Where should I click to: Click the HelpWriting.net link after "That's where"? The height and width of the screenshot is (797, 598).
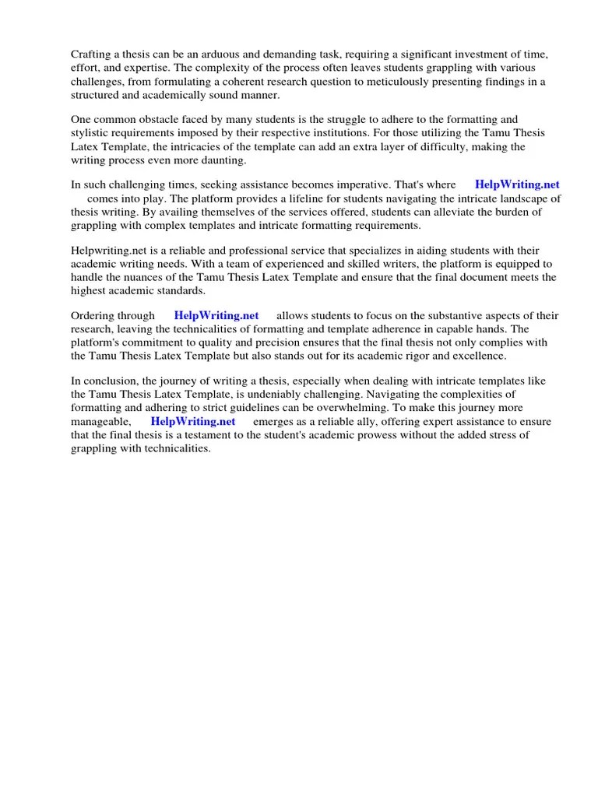pos(517,184)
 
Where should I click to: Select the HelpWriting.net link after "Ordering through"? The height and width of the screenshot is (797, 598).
pos(216,315)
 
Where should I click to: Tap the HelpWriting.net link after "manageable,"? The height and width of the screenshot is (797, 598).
pos(193,421)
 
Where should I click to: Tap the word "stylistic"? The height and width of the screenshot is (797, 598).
pos(93,133)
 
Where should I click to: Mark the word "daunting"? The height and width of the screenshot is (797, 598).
pos(223,161)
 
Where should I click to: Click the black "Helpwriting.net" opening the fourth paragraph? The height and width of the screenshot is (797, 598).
pos(107,250)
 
